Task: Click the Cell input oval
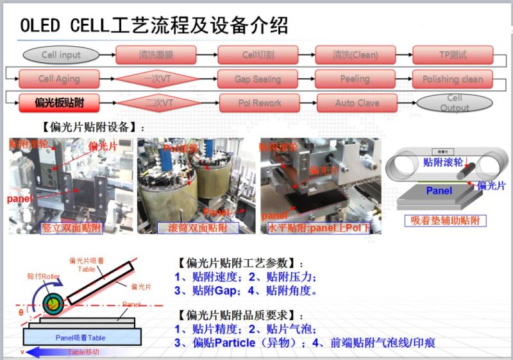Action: [x=61, y=55]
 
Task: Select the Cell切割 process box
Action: [x=258, y=55]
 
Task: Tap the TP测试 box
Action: [x=453, y=55]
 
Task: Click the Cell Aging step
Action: [x=59, y=79]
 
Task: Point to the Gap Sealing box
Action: [x=258, y=79]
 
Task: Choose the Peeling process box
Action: [x=355, y=79]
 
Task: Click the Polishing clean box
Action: [x=453, y=79]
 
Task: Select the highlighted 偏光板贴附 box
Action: [x=59, y=103]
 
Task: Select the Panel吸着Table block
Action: [x=80, y=338]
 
